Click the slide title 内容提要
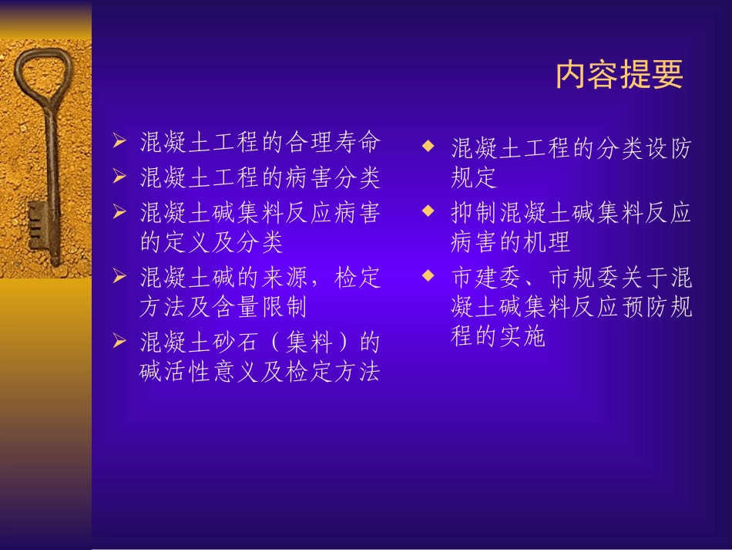[620, 75]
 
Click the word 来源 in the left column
[284, 277]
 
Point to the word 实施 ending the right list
[524, 337]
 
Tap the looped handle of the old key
[42, 76]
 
